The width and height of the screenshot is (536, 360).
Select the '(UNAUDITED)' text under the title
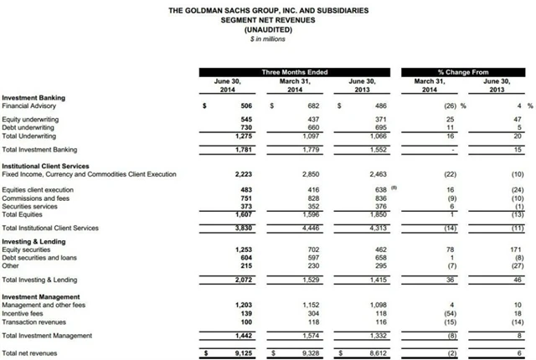tap(268, 29)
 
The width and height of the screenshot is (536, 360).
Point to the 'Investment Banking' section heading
tap(34, 99)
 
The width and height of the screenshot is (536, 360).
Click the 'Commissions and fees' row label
tap(34, 198)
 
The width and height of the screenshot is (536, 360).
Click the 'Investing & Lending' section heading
tap(33, 241)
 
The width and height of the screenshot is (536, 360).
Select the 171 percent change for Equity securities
tap(515, 249)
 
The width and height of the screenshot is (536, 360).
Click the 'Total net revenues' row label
tap(30, 352)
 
